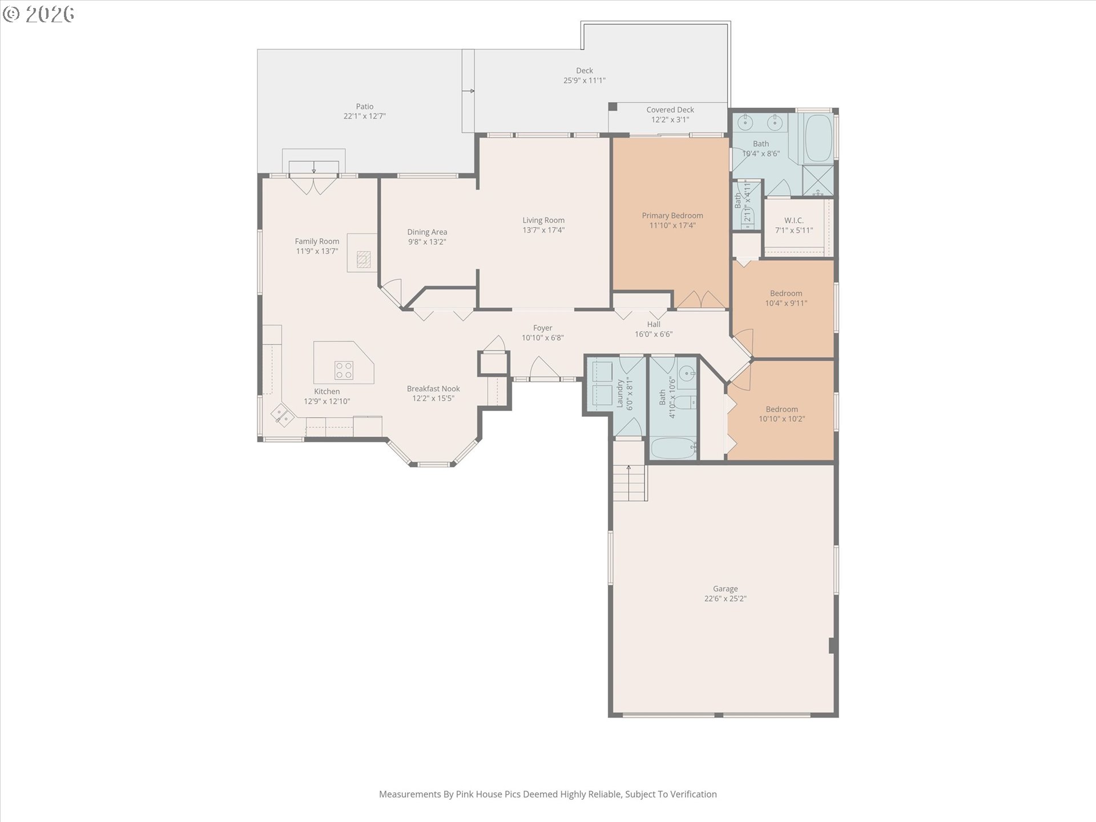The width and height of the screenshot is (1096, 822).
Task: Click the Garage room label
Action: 725,589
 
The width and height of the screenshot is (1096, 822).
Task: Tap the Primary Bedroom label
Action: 672,215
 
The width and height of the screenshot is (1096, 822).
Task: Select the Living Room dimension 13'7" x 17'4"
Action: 543,230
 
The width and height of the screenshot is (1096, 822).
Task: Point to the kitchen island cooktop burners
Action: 344,370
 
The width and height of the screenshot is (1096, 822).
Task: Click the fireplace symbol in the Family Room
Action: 364,259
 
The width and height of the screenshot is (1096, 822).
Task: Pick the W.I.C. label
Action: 793,220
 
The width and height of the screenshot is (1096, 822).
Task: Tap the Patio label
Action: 365,106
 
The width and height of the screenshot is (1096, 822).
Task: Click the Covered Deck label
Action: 670,110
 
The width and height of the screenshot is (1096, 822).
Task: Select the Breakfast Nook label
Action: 433,389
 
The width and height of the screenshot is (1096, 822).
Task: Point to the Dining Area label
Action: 427,232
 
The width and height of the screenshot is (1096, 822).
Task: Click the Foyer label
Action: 543,328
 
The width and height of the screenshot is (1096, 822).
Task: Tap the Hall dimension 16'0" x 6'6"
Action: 654,334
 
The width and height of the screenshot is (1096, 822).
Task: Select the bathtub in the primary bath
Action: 819,138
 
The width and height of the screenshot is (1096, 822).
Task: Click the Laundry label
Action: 620,394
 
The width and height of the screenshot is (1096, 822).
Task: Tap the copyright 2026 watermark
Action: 38,14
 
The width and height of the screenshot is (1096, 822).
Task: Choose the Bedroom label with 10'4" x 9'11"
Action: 786,293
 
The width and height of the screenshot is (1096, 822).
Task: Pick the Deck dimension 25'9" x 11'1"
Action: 585,80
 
